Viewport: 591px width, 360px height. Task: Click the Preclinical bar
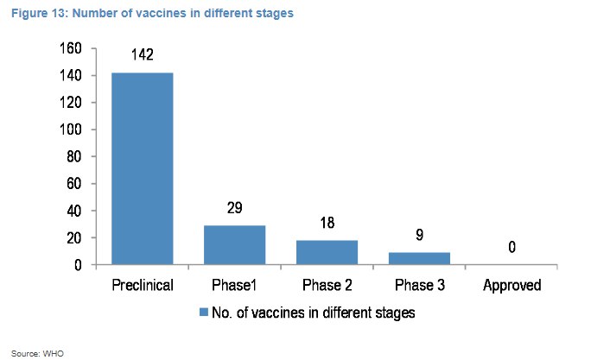point(143,168)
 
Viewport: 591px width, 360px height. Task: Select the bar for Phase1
point(234,245)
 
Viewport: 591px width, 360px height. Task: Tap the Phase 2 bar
point(327,252)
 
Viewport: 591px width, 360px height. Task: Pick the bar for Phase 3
point(420,258)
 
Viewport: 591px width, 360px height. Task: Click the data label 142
point(143,54)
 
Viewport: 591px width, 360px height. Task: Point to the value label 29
point(234,207)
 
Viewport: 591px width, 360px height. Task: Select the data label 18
point(327,223)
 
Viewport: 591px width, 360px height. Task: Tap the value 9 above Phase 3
point(420,235)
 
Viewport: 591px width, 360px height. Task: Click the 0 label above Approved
point(512,247)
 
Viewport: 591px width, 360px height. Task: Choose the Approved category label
point(512,285)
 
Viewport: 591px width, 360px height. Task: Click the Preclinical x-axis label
point(143,285)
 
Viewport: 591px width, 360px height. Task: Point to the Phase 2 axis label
point(327,285)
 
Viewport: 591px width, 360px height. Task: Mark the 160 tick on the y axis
point(71,48)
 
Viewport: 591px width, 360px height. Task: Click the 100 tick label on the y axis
point(71,129)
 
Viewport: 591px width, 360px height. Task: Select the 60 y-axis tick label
point(74,183)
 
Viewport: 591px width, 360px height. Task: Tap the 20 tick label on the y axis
point(74,237)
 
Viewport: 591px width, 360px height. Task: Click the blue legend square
point(204,313)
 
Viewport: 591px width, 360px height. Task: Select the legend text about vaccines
point(314,313)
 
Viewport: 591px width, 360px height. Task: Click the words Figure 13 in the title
point(40,13)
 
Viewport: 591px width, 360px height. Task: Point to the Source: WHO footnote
point(37,354)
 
